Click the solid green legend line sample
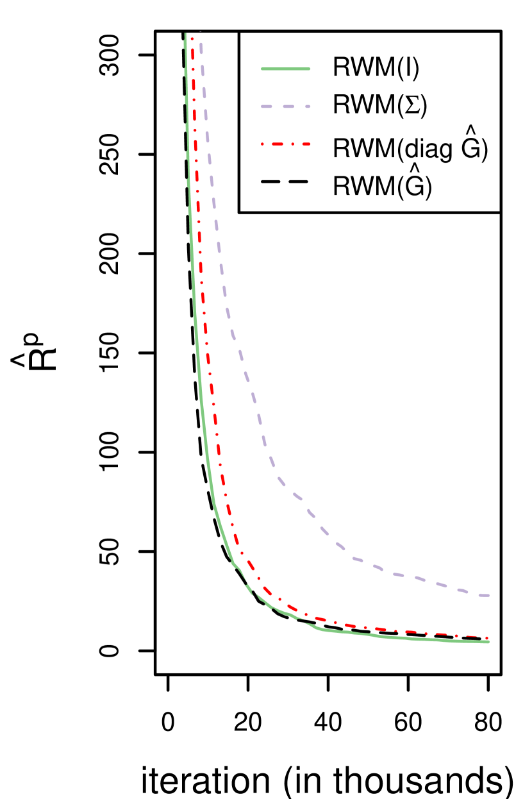(286, 69)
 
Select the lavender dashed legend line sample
(286, 106)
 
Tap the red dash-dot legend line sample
(286, 144)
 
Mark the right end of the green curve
(488, 641)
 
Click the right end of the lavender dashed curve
(488, 596)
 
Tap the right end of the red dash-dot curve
(488, 637)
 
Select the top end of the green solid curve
(185, 33)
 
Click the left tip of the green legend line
(262, 69)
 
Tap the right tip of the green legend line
(310, 69)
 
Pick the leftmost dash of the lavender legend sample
(267, 106)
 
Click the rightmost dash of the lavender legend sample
(308, 106)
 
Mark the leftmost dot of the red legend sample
(263, 144)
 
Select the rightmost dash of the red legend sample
(306, 144)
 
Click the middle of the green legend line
(286, 69)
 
